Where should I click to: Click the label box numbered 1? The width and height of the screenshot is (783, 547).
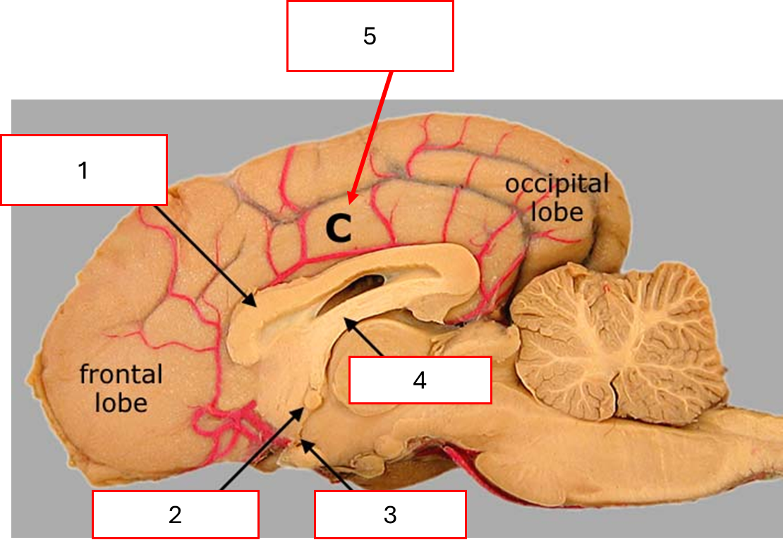(x=84, y=170)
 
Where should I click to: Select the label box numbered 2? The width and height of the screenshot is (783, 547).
(x=176, y=514)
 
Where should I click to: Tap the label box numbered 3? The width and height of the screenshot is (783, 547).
(x=390, y=514)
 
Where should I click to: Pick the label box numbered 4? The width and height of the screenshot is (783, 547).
(x=420, y=380)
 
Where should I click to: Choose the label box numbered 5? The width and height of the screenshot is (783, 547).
(x=370, y=36)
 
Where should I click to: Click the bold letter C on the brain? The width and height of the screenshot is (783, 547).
(x=337, y=227)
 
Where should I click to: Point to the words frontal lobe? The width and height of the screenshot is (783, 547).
(x=121, y=387)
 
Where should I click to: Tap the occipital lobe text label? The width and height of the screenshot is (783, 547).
(x=557, y=198)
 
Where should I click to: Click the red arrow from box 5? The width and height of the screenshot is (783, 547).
(x=371, y=134)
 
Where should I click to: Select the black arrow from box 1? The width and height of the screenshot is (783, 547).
(x=205, y=255)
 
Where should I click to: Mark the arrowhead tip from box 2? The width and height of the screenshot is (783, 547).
(x=305, y=409)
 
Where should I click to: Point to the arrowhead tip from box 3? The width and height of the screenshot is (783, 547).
(x=303, y=442)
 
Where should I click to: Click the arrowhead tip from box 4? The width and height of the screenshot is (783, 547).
(x=346, y=320)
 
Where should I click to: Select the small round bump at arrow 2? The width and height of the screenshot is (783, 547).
(x=310, y=401)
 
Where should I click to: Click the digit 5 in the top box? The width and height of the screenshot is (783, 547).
(x=370, y=36)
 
